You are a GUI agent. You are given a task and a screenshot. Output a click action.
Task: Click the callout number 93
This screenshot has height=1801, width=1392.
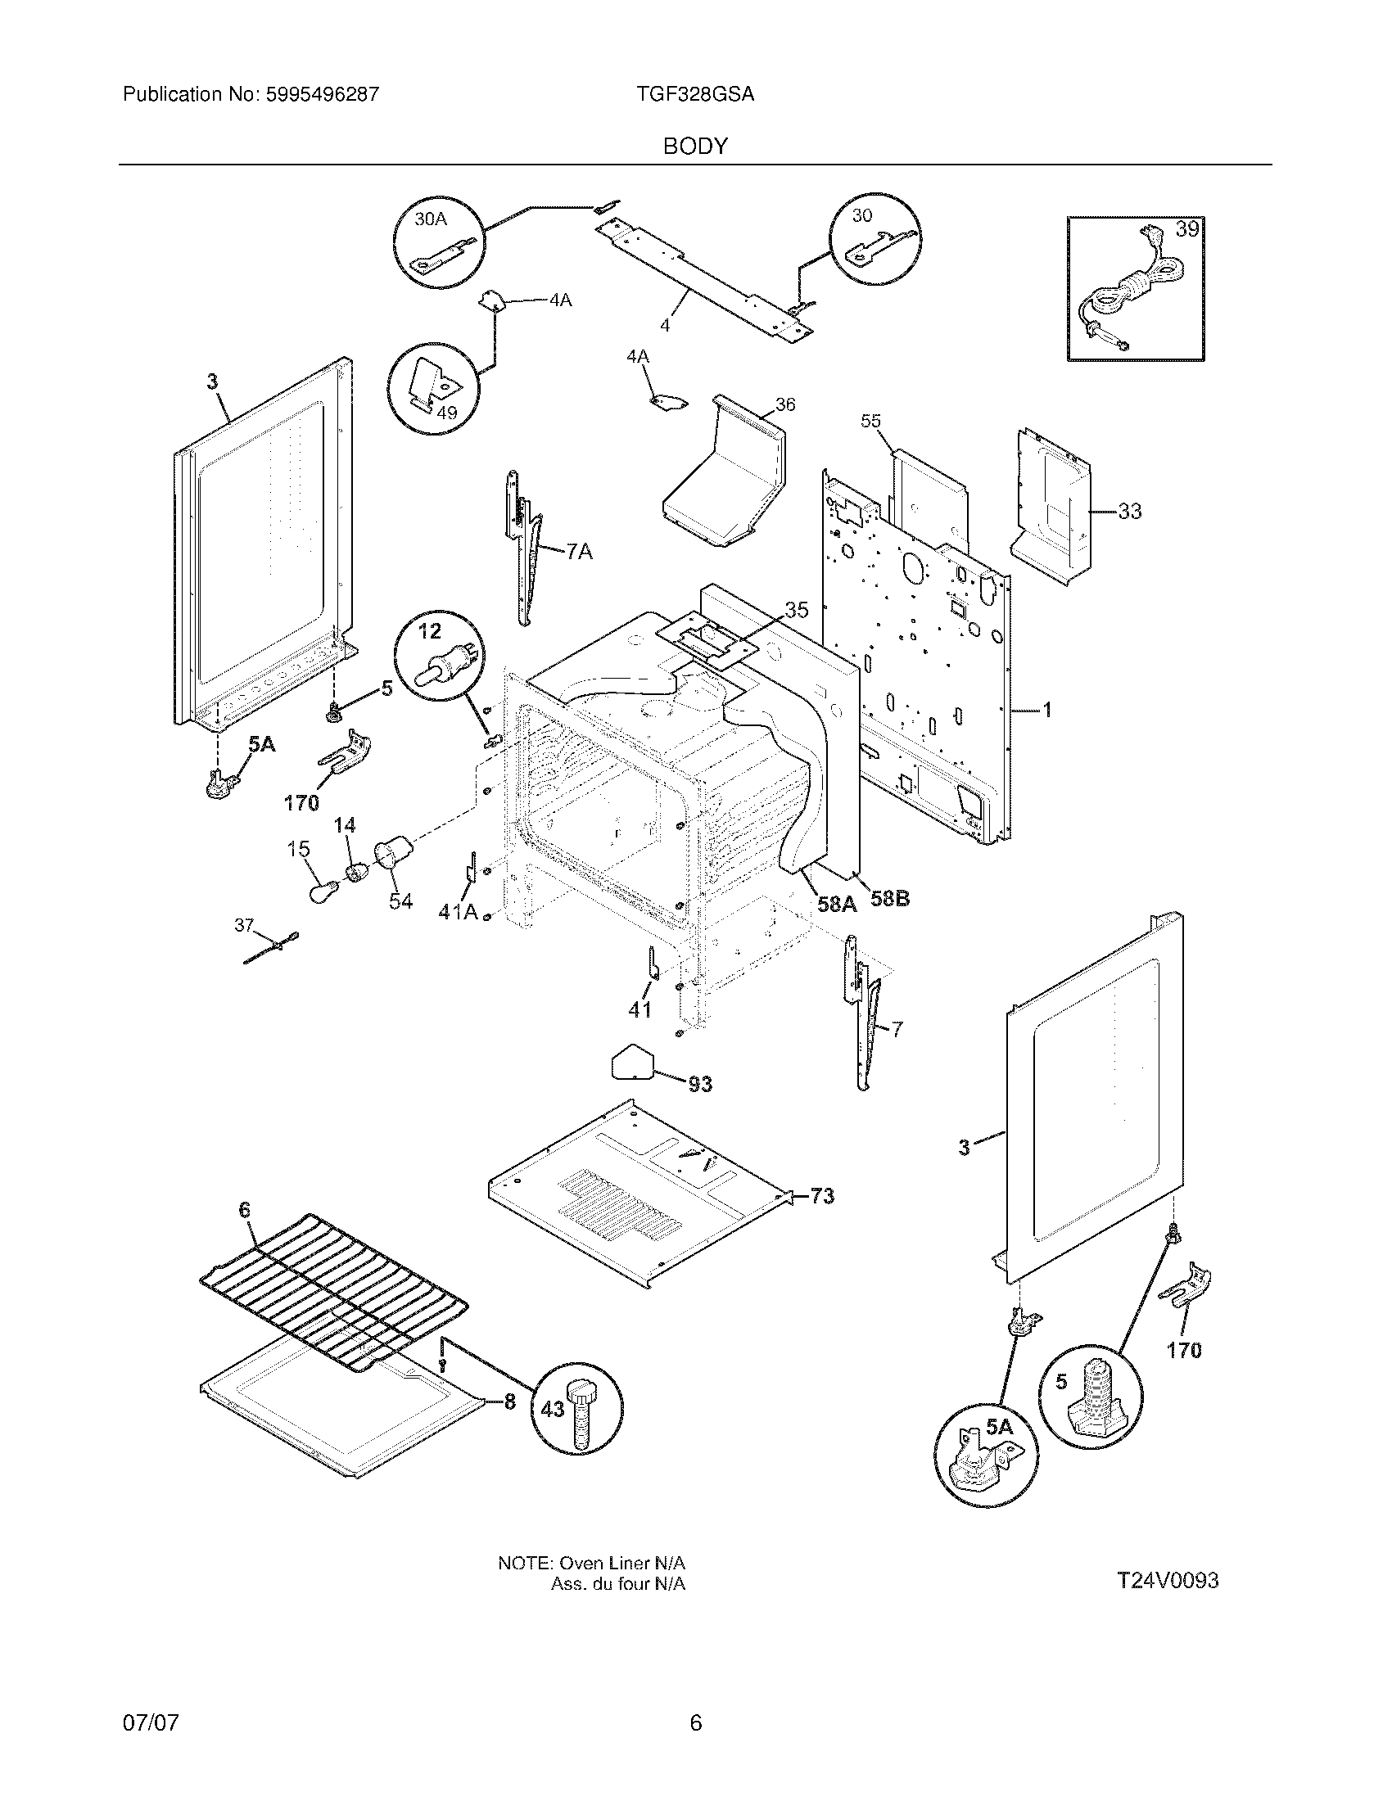[x=699, y=1084]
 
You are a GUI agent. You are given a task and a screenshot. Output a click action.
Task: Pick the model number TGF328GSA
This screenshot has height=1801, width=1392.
[x=694, y=94]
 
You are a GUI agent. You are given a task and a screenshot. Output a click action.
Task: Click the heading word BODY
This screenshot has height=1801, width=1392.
[x=695, y=146]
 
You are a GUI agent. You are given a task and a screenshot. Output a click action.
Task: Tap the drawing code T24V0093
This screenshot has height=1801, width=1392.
[x=1168, y=1581]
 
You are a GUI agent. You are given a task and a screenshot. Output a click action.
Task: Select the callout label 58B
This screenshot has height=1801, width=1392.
[x=890, y=898]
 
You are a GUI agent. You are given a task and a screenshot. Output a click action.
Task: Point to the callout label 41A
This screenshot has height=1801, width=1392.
[x=458, y=911]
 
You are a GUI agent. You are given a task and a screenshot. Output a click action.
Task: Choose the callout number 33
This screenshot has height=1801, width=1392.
[x=1129, y=512]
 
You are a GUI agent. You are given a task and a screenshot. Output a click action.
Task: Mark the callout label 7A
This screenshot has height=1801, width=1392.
[x=579, y=551]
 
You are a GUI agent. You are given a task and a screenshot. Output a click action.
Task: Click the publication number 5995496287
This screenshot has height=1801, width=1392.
[x=322, y=94]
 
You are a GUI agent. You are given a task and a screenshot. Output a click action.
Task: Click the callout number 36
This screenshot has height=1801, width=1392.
[x=785, y=404]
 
